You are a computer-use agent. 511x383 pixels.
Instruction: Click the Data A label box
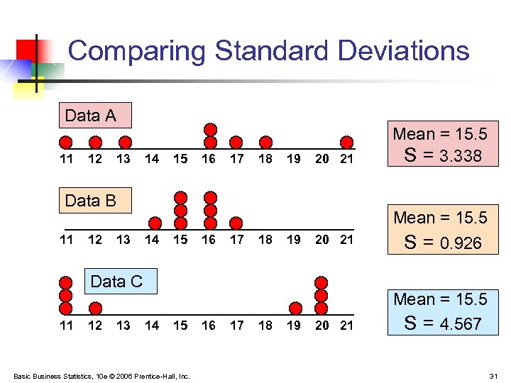pyautogui.click(x=95, y=116)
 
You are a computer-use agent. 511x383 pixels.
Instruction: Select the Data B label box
pyautogui.click(x=95, y=201)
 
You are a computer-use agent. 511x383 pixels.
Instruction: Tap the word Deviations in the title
pyautogui.click(x=403, y=51)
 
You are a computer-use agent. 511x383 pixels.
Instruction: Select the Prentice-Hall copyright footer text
pyautogui.click(x=101, y=375)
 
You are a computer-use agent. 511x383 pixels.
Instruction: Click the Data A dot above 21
pyautogui.click(x=346, y=141)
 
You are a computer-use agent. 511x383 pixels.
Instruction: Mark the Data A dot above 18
pyautogui.click(x=265, y=141)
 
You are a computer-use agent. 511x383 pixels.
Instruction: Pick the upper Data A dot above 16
pyautogui.click(x=210, y=129)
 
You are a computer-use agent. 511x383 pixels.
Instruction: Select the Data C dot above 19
pyautogui.click(x=295, y=308)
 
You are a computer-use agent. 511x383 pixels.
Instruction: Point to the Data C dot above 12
pyautogui.click(x=94, y=308)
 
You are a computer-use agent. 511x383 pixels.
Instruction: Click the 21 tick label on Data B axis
pyautogui.click(x=346, y=240)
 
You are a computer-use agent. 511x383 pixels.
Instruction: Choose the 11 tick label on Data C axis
pyautogui.click(x=66, y=326)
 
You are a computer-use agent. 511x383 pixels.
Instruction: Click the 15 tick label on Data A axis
pyautogui.click(x=180, y=159)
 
